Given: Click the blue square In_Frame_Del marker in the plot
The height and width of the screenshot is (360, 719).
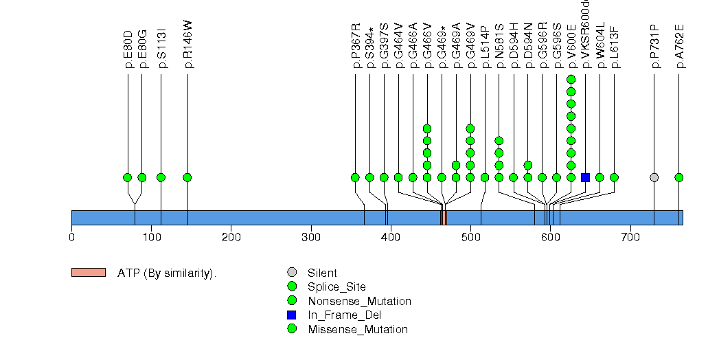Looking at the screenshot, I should (585, 177).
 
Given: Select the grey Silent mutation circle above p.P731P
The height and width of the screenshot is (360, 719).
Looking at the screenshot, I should (654, 177).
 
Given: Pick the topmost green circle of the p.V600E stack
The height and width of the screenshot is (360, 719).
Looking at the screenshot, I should (571, 80).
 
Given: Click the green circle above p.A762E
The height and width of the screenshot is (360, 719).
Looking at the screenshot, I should (678, 177).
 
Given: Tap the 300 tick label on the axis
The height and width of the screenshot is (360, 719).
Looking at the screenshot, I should (311, 238).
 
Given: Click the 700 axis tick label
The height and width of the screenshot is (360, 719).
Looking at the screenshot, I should (630, 238).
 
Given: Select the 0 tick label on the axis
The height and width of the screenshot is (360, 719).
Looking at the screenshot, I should (71, 238).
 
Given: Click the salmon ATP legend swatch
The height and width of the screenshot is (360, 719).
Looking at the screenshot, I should (88, 273).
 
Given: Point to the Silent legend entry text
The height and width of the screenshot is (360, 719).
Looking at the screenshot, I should (322, 273).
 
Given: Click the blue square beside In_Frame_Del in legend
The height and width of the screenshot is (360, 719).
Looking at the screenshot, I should (292, 315).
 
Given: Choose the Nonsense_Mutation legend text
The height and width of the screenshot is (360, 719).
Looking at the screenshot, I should (359, 301).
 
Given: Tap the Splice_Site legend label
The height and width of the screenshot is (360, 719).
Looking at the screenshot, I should (336, 287).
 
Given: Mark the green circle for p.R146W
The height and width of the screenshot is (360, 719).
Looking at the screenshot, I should (187, 177).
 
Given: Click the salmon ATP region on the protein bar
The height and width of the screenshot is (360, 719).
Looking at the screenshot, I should (444, 218).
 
